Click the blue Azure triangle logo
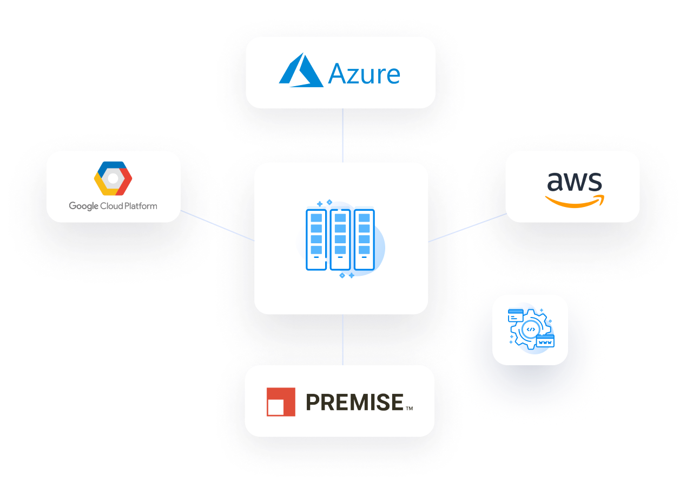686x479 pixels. (x=300, y=72)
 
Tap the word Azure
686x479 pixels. (x=364, y=74)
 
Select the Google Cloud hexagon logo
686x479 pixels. (x=113, y=178)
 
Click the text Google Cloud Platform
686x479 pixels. (x=113, y=206)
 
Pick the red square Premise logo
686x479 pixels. (x=281, y=402)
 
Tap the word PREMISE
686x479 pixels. (x=354, y=402)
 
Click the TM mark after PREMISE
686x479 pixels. (x=410, y=409)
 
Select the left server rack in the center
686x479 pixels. (x=316, y=239)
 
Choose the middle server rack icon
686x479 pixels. (x=340, y=239)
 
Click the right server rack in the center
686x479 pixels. (x=364, y=239)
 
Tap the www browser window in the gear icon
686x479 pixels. (x=545, y=341)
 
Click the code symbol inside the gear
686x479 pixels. (x=531, y=329)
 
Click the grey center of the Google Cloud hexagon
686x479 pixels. (x=113, y=178)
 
